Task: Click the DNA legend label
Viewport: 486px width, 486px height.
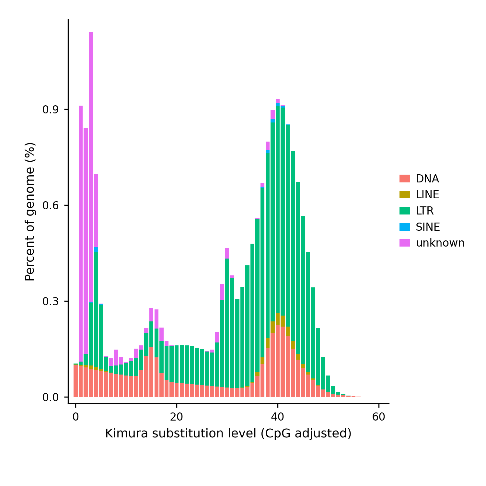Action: [x=427, y=179]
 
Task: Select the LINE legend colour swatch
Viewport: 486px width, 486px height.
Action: [x=405, y=194]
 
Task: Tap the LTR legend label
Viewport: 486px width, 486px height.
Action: [x=424, y=211]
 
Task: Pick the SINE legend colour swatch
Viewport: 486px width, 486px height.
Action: [x=405, y=227]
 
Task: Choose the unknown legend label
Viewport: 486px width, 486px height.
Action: [x=440, y=243]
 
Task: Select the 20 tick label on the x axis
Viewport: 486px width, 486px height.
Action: [x=177, y=417]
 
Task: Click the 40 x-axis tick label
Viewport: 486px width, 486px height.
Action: [x=278, y=417]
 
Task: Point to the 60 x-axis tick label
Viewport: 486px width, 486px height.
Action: [x=379, y=417]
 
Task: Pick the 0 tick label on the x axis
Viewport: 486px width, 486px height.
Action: [x=75, y=417]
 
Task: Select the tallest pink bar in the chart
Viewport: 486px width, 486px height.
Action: [x=91, y=167]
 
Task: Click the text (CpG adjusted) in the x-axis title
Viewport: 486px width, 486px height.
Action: [x=306, y=434]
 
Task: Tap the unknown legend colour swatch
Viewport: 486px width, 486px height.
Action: [x=405, y=243]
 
